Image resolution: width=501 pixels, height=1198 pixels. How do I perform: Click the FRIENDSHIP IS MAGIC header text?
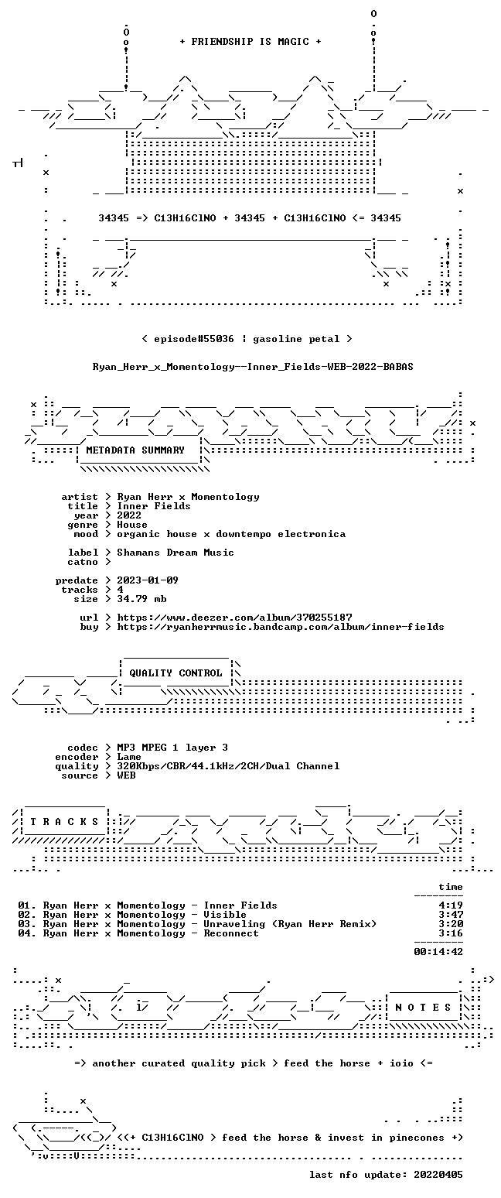(x=250, y=42)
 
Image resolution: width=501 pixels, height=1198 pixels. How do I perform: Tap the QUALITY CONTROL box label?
(x=176, y=673)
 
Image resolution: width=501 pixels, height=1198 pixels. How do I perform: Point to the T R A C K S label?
(x=65, y=822)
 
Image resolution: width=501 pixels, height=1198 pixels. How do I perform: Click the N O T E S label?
(x=423, y=1008)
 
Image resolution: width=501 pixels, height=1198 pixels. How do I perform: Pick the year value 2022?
(x=129, y=515)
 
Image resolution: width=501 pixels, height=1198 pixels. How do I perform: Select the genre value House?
(x=132, y=525)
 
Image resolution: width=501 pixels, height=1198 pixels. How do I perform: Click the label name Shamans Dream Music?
(x=176, y=553)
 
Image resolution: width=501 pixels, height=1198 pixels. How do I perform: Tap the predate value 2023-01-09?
(x=148, y=580)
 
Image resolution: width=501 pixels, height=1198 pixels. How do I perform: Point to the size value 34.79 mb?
(x=141, y=599)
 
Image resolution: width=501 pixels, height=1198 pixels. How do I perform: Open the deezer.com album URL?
(x=234, y=618)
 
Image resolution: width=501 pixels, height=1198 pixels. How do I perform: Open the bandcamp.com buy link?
(x=281, y=627)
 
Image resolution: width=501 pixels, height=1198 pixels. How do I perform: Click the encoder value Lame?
(x=129, y=758)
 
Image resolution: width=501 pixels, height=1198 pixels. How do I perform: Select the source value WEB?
(x=126, y=775)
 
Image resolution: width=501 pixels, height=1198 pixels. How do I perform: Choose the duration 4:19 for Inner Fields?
(x=451, y=906)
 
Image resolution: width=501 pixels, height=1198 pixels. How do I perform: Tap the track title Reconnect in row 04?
(x=231, y=933)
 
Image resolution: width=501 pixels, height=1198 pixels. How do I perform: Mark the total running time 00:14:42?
(x=438, y=952)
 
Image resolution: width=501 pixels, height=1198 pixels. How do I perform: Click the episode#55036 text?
(x=194, y=339)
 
